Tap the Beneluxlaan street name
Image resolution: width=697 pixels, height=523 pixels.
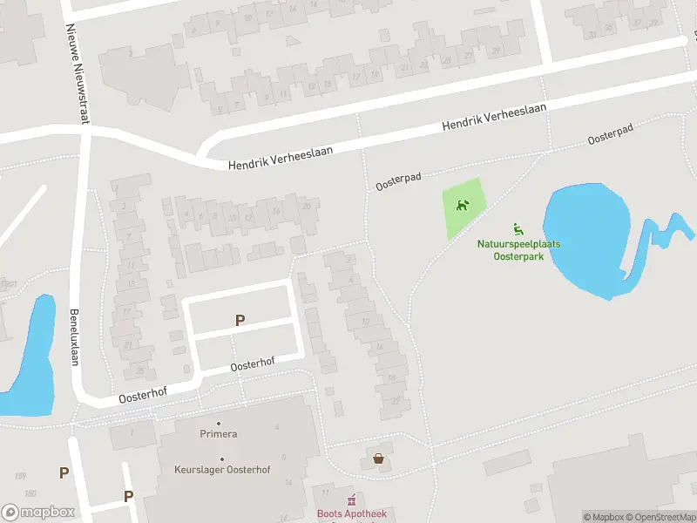[74, 337]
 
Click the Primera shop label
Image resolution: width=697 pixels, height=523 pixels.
[219, 433]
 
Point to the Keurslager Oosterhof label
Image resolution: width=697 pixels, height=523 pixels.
[221, 470]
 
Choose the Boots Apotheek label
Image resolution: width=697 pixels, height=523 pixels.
[352, 514]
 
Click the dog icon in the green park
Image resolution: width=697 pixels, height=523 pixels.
[462, 206]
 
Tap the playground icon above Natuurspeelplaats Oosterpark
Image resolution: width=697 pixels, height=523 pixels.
[518, 229]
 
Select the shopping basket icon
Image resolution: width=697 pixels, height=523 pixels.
[378, 458]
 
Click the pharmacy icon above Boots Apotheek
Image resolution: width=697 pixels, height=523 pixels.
[352, 501]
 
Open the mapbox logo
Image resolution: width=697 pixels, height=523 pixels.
[37, 513]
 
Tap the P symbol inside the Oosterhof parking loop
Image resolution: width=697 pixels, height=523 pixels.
[240, 321]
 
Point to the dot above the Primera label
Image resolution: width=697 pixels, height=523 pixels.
[219, 423]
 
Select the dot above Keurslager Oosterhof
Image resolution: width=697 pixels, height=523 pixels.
[221, 459]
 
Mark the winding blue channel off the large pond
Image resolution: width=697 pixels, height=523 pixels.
[657, 240]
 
